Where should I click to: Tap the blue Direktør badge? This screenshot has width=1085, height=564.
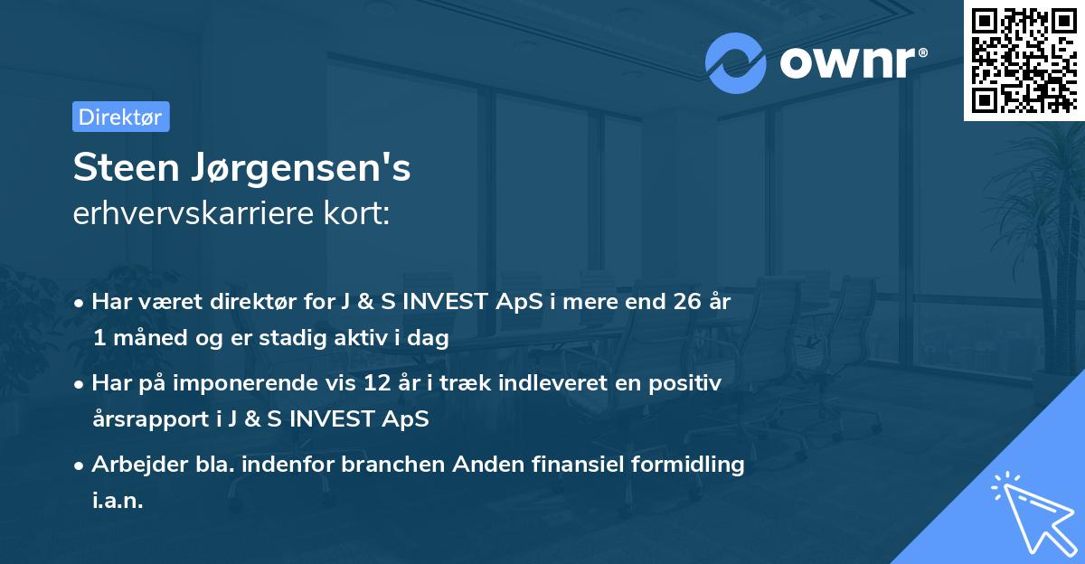[120, 117]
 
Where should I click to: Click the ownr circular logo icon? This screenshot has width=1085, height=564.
[736, 62]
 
